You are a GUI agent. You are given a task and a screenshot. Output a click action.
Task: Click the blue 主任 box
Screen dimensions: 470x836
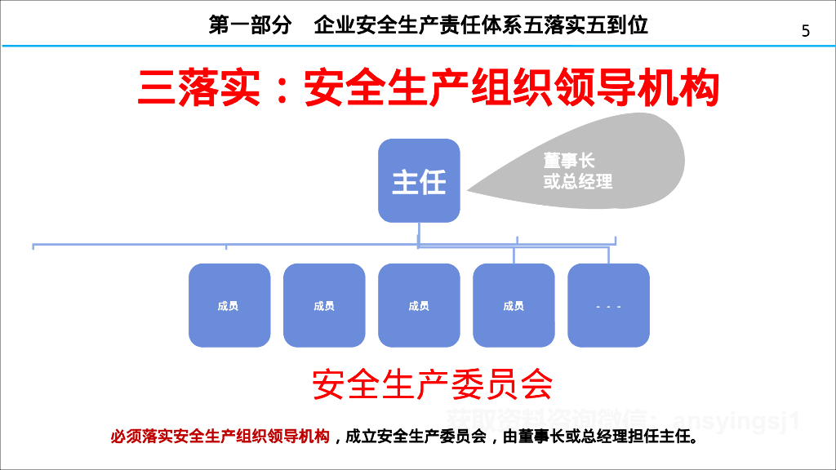(419, 180)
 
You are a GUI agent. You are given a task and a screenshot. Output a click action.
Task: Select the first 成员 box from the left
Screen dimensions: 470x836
(229, 306)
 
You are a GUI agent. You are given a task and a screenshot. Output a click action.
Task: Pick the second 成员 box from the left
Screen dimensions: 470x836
(324, 306)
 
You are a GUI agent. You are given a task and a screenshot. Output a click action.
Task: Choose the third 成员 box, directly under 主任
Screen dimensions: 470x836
(419, 306)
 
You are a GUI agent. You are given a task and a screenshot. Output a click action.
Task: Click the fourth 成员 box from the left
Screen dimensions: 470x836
(514, 306)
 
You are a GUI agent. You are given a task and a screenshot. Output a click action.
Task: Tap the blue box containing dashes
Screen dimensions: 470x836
(608, 306)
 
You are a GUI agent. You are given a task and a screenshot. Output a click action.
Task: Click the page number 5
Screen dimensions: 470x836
(806, 31)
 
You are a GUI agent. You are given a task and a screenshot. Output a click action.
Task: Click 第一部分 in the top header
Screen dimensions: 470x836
(250, 25)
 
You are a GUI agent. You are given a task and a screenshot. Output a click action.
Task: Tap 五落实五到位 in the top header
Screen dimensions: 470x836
(596, 25)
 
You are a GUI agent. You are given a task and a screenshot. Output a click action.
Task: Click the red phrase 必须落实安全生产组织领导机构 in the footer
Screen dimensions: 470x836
(220, 437)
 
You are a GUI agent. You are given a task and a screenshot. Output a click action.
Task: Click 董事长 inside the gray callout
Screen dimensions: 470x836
(569, 162)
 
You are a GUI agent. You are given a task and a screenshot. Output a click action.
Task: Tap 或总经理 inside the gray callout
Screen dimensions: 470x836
(578, 182)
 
